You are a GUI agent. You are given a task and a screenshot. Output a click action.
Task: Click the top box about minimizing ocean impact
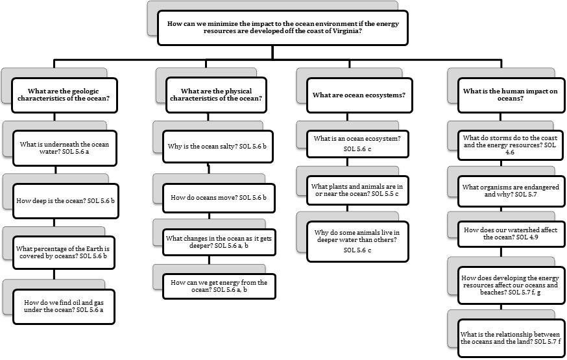click(283, 28)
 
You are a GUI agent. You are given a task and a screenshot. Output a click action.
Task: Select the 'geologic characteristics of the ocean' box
click(64, 95)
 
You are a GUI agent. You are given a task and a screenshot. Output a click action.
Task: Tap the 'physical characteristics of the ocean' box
click(216, 95)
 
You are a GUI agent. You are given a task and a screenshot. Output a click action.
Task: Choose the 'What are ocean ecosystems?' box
click(359, 95)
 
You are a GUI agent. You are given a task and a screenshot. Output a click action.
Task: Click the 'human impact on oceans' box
click(511, 95)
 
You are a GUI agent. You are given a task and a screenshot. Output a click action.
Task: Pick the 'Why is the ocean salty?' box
click(218, 147)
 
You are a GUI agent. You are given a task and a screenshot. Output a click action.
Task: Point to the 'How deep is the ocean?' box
click(66, 201)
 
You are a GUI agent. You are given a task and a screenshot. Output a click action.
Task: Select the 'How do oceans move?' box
click(219, 198)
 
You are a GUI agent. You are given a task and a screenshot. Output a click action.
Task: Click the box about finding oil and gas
click(64, 307)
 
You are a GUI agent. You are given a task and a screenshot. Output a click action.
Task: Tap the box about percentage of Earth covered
click(64, 253)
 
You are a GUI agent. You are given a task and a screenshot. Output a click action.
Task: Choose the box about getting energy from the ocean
click(219, 286)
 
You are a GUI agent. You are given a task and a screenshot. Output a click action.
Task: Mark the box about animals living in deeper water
click(357, 241)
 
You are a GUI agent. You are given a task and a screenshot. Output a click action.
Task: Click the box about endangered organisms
click(511, 191)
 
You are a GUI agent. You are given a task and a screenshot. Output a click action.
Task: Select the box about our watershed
click(511, 234)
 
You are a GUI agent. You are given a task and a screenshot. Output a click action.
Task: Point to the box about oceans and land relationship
click(511, 339)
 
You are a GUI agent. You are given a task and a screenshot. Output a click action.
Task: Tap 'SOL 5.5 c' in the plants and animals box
click(385, 194)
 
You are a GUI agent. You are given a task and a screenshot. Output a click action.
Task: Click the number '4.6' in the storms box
click(510, 152)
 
